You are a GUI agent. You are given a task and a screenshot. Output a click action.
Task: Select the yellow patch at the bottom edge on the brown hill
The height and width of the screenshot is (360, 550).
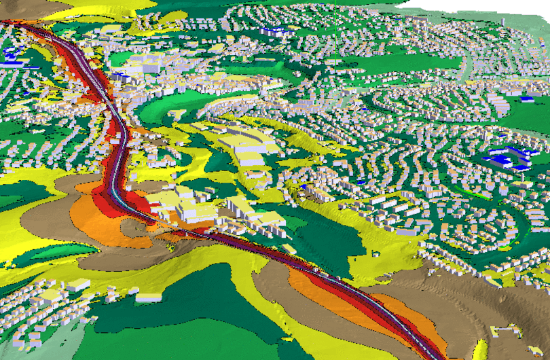click(x=481, y=350)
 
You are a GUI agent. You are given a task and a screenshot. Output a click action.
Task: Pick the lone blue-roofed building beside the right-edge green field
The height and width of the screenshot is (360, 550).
click(x=527, y=100)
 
